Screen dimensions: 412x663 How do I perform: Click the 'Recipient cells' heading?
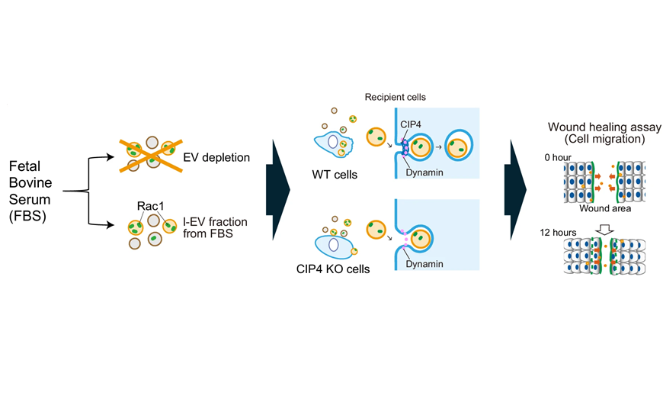[x=396, y=98]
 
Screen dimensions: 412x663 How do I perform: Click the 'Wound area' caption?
[x=601, y=208]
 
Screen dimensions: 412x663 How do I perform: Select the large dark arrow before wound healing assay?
[x=515, y=188]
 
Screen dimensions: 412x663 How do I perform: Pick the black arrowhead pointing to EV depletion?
[x=111, y=157]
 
